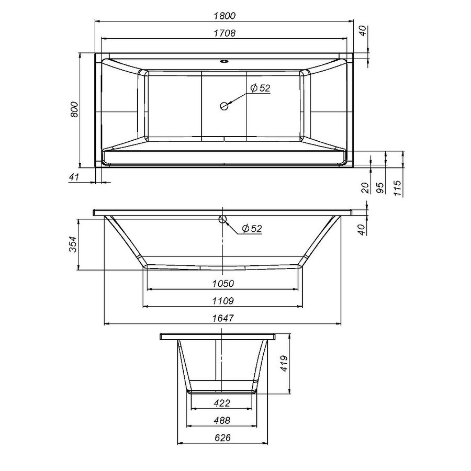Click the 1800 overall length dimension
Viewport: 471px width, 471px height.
pyautogui.click(x=225, y=16)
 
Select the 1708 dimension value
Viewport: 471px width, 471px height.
pyautogui.click(x=225, y=33)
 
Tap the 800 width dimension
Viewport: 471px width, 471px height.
pyautogui.click(x=74, y=108)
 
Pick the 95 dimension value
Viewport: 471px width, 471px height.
pyautogui.click(x=382, y=188)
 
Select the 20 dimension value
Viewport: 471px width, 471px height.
pyautogui.click(x=365, y=188)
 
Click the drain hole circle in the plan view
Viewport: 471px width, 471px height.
pyautogui.click(x=224, y=106)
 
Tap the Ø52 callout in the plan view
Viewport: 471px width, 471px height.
pyautogui.click(x=260, y=88)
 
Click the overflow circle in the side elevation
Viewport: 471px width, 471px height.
pyautogui.click(x=223, y=219)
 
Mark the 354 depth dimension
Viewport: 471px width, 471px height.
pyautogui.click(x=74, y=244)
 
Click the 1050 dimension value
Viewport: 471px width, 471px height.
pyautogui.click(x=223, y=283)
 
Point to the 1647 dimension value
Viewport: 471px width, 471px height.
pyautogui.click(x=223, y=318)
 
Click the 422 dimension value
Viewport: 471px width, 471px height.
pyautogui.click(x=222, y=403)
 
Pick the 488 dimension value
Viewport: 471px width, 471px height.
pyautogui.click(x=222, y=420)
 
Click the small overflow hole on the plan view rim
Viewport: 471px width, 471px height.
pyautogui.click(x=224, y=61)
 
